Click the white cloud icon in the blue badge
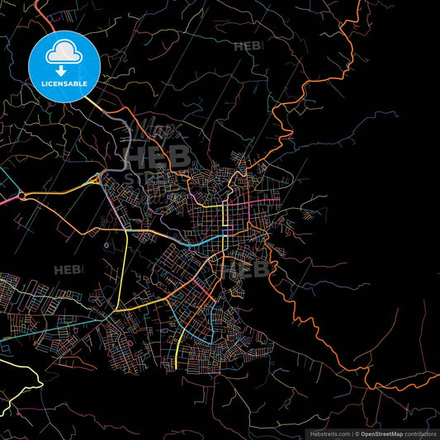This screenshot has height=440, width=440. tap(64, 53)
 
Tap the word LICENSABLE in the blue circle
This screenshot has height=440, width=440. tap(64, 83)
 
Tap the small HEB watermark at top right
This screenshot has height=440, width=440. tap(248, 47)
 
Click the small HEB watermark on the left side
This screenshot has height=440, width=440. tap(69, 270)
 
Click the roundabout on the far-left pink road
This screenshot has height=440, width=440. tap(20, 196)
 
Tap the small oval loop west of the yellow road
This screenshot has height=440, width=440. tap(106, 245)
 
